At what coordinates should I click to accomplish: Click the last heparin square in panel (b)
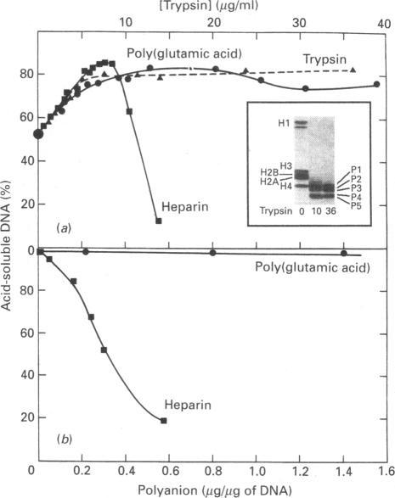tap(164, 420)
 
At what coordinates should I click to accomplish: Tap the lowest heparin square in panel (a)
tap(159, 221)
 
